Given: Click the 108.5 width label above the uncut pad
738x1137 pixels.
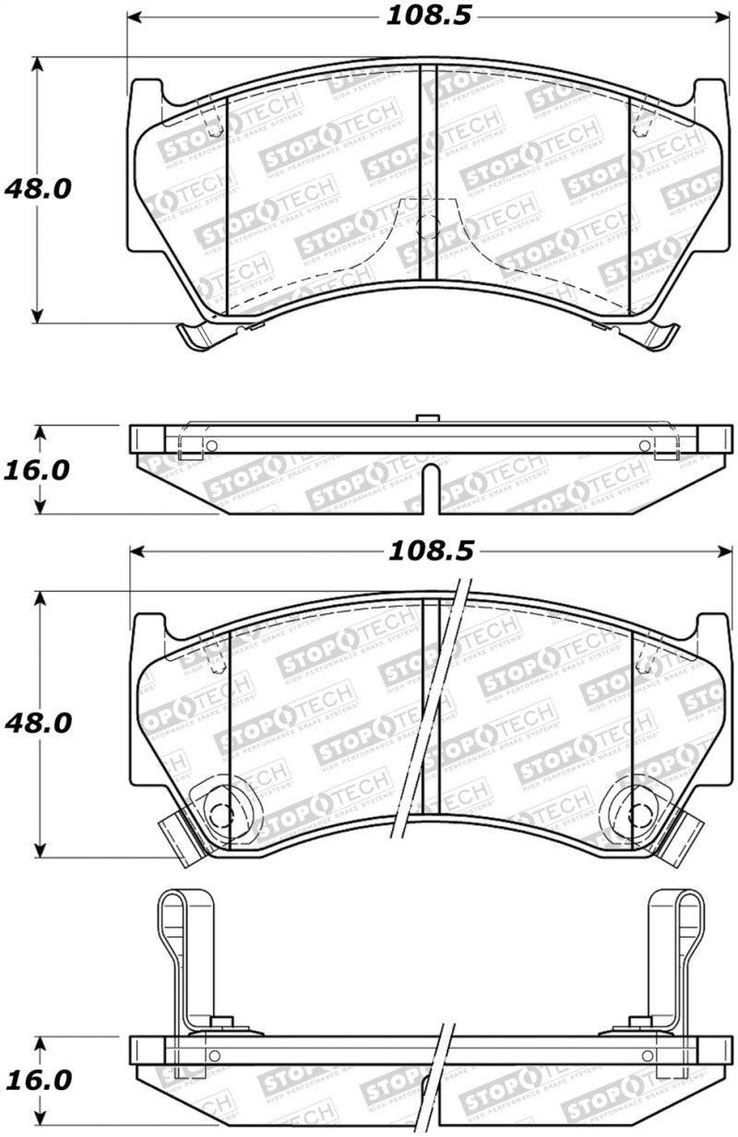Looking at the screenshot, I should click(x=423, y=17).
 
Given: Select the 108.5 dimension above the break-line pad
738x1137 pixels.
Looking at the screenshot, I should click(x=430, y=551).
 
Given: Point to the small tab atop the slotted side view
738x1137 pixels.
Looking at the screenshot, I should click(x=425, y=420).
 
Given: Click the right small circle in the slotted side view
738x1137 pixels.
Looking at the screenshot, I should click(x=643, y=446).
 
